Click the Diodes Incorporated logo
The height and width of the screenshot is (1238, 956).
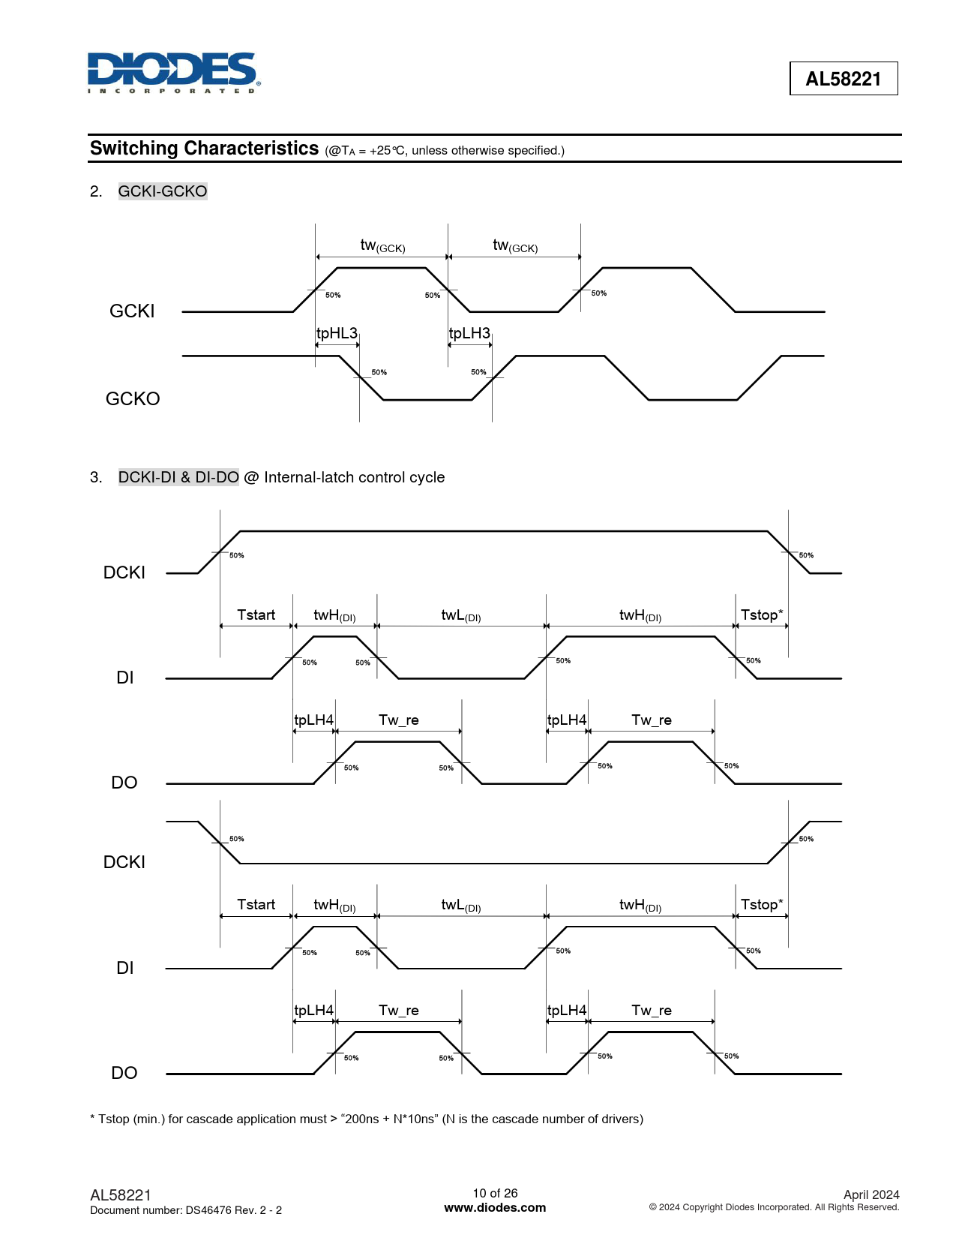(x=173, y=72)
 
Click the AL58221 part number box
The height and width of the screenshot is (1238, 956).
(x=843, y=79)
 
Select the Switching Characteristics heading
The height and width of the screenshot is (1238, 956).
(x=204, y=149)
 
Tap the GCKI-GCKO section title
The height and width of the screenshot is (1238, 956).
(x=163, y=191)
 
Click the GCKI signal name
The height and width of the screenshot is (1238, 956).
(x=132, y=311)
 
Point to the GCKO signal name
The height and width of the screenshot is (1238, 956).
(x=133, y=398)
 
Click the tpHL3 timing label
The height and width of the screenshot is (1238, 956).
(x=337, y=333)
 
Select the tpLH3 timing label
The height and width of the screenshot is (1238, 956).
(x=469, y=333)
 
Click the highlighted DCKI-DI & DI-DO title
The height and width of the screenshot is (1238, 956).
(x=178, y=477)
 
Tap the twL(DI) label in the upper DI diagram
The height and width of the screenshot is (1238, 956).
(x=460, y=616)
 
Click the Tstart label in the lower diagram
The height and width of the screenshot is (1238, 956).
(x=256, y=905)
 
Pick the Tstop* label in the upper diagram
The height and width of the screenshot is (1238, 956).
(x=762, y=615)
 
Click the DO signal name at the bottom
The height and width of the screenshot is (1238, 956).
(x=124, y=1073)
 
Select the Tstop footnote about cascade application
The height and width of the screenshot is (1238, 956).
(x=367, y=1119)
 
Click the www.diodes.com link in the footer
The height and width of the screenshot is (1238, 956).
(x=495, y=1208)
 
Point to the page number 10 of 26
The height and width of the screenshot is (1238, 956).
(x=495, y=1193)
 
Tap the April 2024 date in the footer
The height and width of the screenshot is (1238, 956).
(x=871, y=1194)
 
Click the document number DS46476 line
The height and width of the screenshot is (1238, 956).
(x=186, y=1210)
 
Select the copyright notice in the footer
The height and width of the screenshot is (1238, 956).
(x=774, y=1207)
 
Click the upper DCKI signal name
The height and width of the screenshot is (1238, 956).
(x=124, y=572)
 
